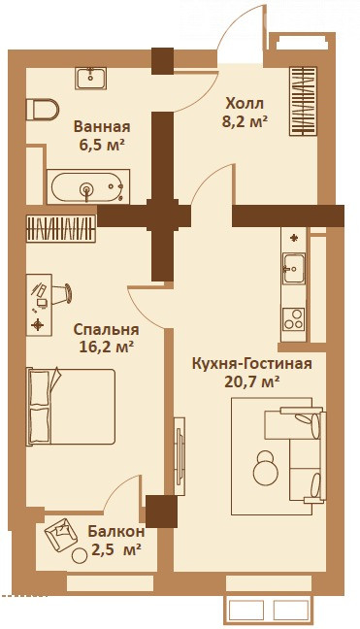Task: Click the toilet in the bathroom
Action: pyautogui.click(x=42, y=109)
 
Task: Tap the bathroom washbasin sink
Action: pyautogui.click(x=90, y=79)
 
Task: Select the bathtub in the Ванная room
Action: pyautogui.click(x=88, y=186)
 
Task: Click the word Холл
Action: pyautogui.click(x=245, y=103)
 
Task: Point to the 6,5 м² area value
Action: pyautogui.click(x=101, y=145)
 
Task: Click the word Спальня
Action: pyautogui.click(x=106, y=330)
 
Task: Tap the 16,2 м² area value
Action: pyautogui.click(x=106, y=347)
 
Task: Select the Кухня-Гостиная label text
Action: pyautogui.click(x=251, y=364)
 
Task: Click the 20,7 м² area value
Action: pyautogui.click(x=251, y=381)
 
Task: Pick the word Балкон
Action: pyautogui.click(x=116, y=532)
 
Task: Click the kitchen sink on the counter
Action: pyautogui.click(x=293, y=268)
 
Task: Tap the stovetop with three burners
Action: pyautogui.click(x=293, y=319)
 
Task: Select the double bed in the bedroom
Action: pyautogui.click(x=71, y=407)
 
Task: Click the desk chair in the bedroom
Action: pyautogui.click(x=63, y=293)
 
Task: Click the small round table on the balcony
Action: pyautogui.click(x=79, y=556)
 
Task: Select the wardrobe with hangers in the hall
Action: pyautogui.click(x=303, y=101)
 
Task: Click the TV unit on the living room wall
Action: pyautogui.click(x=179, y=456)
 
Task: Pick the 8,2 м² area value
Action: pyautogui.click(x=245, y=121)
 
